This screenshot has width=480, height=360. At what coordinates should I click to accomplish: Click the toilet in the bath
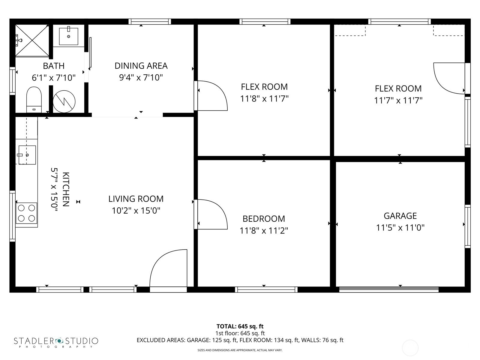tap(34, 100)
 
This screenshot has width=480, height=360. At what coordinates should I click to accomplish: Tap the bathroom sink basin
tap(68, 36)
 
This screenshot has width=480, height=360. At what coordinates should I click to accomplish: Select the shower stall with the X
tap(32, 40)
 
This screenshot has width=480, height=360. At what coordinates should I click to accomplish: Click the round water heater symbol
tap(64, 101)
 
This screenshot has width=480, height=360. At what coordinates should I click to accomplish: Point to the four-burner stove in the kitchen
tap(26, 213)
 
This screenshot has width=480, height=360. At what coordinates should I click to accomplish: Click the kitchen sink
tap(27, 155)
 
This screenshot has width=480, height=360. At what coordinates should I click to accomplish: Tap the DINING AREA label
tap(141, 66)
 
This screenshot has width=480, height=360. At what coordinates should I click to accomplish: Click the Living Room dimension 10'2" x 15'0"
tap(136, 211)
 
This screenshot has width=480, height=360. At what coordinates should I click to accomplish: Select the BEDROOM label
tap(264, 219)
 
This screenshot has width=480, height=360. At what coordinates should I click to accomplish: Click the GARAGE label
tap(400, 216)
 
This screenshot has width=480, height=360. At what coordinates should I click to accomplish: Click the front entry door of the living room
tap(168, 271)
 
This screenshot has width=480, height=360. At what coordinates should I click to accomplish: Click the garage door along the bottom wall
tap(389, 289)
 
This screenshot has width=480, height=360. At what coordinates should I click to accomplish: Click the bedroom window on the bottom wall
tap(266, 289)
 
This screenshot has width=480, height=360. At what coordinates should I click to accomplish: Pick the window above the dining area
tap(150, 22)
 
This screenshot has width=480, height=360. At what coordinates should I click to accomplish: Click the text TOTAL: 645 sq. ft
tap(240, 326)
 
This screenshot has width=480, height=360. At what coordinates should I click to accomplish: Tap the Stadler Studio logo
tap(56, 342)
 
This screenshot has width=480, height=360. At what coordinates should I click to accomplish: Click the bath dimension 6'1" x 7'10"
tap(54, 78)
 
